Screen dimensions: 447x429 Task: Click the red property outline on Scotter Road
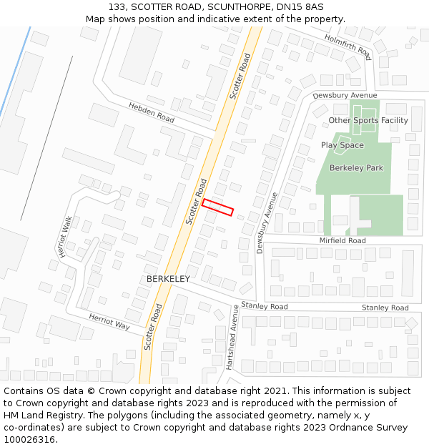pyautogui.click(x=218, y=207)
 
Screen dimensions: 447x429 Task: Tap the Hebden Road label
pyautogui.click(x=151, y=112)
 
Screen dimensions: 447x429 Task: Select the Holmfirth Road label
pyautogui.click(x=348, y=46)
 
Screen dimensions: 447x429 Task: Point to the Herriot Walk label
pyautogui.click(x=66, y=237)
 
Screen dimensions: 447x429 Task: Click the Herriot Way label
pyautogui.click(x=109, y=321)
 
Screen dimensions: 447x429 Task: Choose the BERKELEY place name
pyautogui.click(x=168, y=279)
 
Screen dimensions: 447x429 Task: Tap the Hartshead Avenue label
pyautogui.click(x=231, y=335)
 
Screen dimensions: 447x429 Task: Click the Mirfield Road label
pyautogui.click(x=342, y=241)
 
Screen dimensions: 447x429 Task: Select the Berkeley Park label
pyautogui.click(x=356, y=168)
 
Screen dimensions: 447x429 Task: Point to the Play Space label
pyautogui.click(x=342, y=145)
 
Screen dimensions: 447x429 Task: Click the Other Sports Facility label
pyautogui.click(x=368, y=120)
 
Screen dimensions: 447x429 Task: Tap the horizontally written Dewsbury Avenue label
pyautogui.click(x=345, y=95)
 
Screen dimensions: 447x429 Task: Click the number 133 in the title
pyautogui.click(x=118, y=6)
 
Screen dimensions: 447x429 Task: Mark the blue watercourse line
pyautogui.click(x=15, y=72)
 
